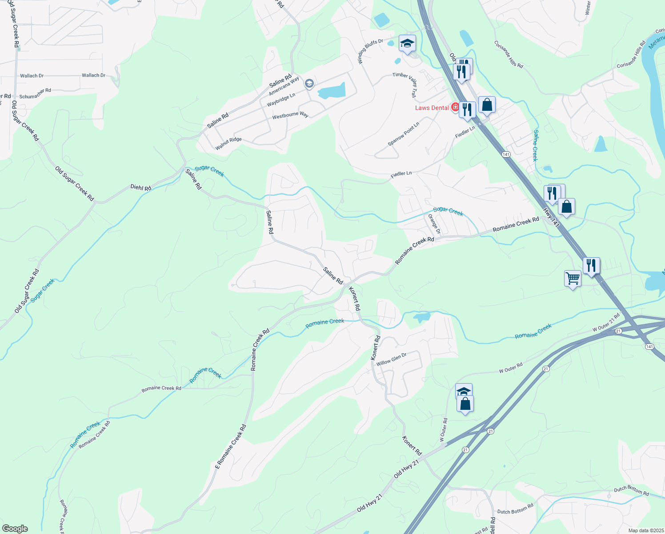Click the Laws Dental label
pos(432,108)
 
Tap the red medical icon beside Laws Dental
pos(455,107)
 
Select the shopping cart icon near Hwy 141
pos(573,279)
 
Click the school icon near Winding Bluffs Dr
pos(407,43)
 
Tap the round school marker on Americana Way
pos(309,83)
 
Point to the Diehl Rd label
pos(141,188)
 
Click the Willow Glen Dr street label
pos(391,360)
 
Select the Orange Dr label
pos(434,224)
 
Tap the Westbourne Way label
pos(290,115)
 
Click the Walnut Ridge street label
pos(228,143)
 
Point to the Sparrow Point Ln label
pos(403,134)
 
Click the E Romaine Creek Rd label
pos(230,447)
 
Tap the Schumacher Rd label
pos(35,93)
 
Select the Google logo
pos(15,529)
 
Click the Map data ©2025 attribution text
pos(645,530)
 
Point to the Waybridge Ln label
pos(281,100)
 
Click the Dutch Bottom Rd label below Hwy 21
pos(515,509)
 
